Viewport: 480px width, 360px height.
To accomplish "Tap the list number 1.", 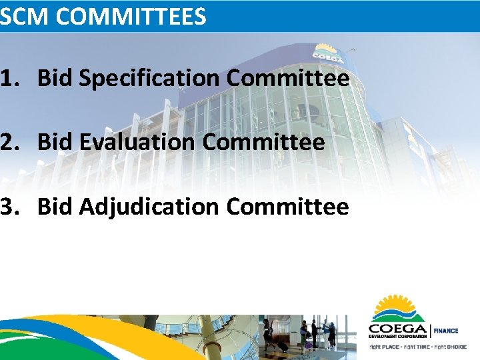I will [x=9, y=79].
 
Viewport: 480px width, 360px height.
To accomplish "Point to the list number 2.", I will [x=9, y=142].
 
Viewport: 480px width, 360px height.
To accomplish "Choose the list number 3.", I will [x=9, y=207].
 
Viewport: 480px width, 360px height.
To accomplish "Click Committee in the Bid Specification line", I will [x=287, y=79].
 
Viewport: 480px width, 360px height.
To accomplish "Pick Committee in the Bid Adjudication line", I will [x=287, y=207].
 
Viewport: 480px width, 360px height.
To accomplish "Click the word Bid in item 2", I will [x=55, y=142].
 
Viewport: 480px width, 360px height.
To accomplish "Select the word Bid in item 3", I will [x=55, y=207].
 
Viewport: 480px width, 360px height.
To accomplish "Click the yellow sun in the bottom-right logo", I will [x=399, y=307].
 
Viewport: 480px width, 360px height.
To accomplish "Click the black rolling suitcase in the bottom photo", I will [x=283, y=347].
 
